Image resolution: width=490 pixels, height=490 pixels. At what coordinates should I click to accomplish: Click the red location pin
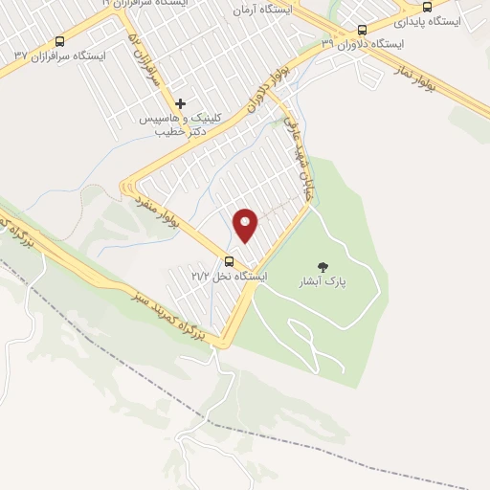coord(247,226)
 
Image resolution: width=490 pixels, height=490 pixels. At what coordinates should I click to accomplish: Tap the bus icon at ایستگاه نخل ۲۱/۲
coord(229,261)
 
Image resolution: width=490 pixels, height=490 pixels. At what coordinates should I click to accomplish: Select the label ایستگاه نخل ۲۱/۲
coord(229,276)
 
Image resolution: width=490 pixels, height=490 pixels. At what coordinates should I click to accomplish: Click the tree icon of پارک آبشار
coord(321,267)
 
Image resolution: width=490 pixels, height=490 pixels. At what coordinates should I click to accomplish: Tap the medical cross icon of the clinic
coord(181,102)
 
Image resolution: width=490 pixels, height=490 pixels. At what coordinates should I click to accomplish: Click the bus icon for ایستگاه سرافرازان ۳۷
coord(61,41)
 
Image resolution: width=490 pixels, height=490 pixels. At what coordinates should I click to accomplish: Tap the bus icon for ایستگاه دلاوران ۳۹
coord(362,30)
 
